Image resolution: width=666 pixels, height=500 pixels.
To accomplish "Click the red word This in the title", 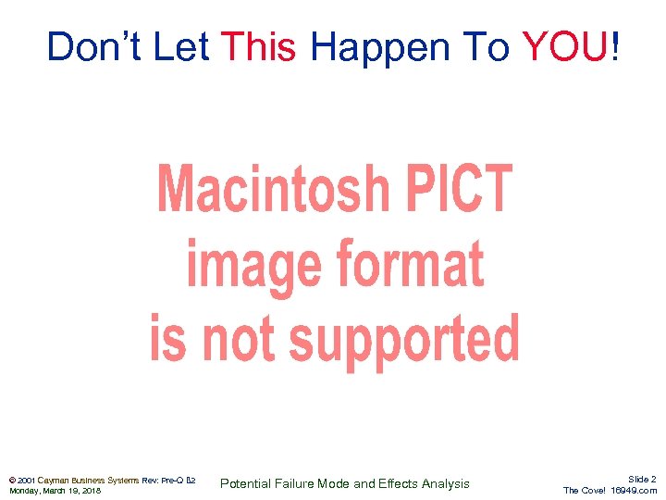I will coord(259,46).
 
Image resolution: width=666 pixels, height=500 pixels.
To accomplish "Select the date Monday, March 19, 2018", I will coord(55,491).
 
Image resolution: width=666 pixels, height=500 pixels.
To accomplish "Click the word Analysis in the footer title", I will coord(445,483).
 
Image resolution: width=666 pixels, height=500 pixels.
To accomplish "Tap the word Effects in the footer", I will coord(399,483).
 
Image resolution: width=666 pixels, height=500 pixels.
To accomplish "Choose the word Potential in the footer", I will coord(247,483).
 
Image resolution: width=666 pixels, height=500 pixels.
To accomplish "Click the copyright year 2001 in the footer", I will coord(26,480).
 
